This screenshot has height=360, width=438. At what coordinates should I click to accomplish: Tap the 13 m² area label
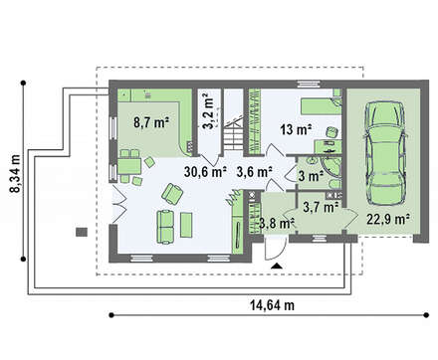[x=296, y=129]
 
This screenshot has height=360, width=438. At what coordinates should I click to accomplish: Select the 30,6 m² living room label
[x=205, y=172]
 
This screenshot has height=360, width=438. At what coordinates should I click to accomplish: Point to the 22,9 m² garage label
[x=388, y=219]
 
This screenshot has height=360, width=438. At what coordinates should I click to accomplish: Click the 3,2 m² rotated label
[x=207, y=111]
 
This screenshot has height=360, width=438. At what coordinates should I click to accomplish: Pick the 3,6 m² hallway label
[x=255, y=172]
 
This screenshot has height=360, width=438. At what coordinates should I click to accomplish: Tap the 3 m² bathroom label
[x=311, y=176]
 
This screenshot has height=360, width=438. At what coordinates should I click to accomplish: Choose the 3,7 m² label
[x=321, y=207]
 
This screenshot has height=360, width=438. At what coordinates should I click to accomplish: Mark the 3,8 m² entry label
[x=278, y=223]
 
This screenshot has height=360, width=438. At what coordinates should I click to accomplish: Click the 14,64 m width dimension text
[x=272, y=305]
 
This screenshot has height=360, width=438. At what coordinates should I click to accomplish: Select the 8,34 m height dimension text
[x=15, y=174]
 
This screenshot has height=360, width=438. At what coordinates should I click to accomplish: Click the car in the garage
[x=385, y=153]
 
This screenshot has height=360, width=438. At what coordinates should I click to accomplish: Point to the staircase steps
[x=234, y=135]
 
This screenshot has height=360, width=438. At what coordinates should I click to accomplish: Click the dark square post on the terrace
[x=82, y=232]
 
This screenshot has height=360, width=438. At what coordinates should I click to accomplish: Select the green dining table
[x=129, y=166]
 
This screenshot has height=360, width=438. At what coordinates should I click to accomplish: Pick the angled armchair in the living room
[x=172, y=193]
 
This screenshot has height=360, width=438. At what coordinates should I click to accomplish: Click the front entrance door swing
[x=276, y=248]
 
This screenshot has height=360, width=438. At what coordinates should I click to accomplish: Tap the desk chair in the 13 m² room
[x=331, y=133]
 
